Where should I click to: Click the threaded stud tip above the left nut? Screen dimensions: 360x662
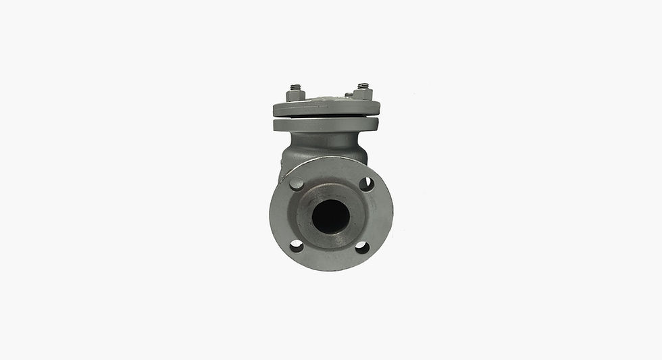tap(295, 87)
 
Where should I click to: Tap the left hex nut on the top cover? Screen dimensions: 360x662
tap(295, 96)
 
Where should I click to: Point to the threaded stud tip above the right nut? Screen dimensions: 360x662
tap(363, 86)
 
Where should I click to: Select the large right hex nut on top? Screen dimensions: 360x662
tap(363, 95)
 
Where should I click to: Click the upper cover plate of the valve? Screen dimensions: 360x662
tap(326, 108)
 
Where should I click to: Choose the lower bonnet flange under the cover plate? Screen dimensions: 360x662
tap(326, 125)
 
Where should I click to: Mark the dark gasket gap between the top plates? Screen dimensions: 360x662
tap(326, 117)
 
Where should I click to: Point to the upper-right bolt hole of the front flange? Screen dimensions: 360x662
tap(366, 183)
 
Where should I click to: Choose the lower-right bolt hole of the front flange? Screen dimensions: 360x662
tap(362, 247)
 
